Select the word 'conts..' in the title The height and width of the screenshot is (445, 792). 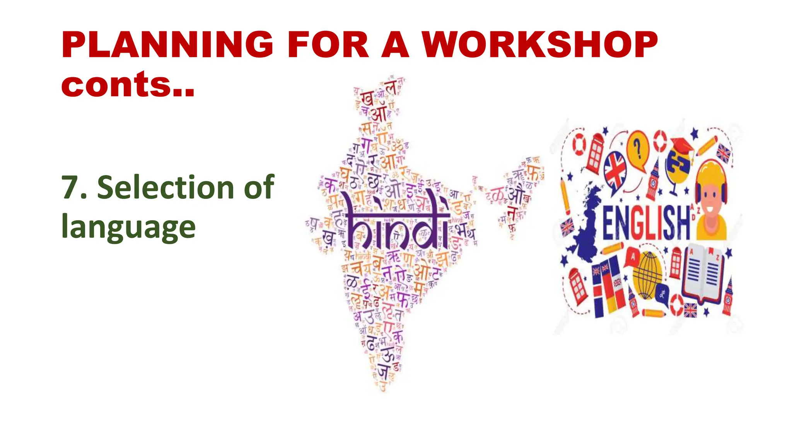pos(128,85)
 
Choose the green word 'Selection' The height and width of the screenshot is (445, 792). pos(166,188)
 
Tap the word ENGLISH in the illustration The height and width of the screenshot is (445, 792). pos(646,224)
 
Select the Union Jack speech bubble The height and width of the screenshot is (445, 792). pos(615,170)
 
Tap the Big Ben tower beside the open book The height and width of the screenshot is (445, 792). pos(728,296)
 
